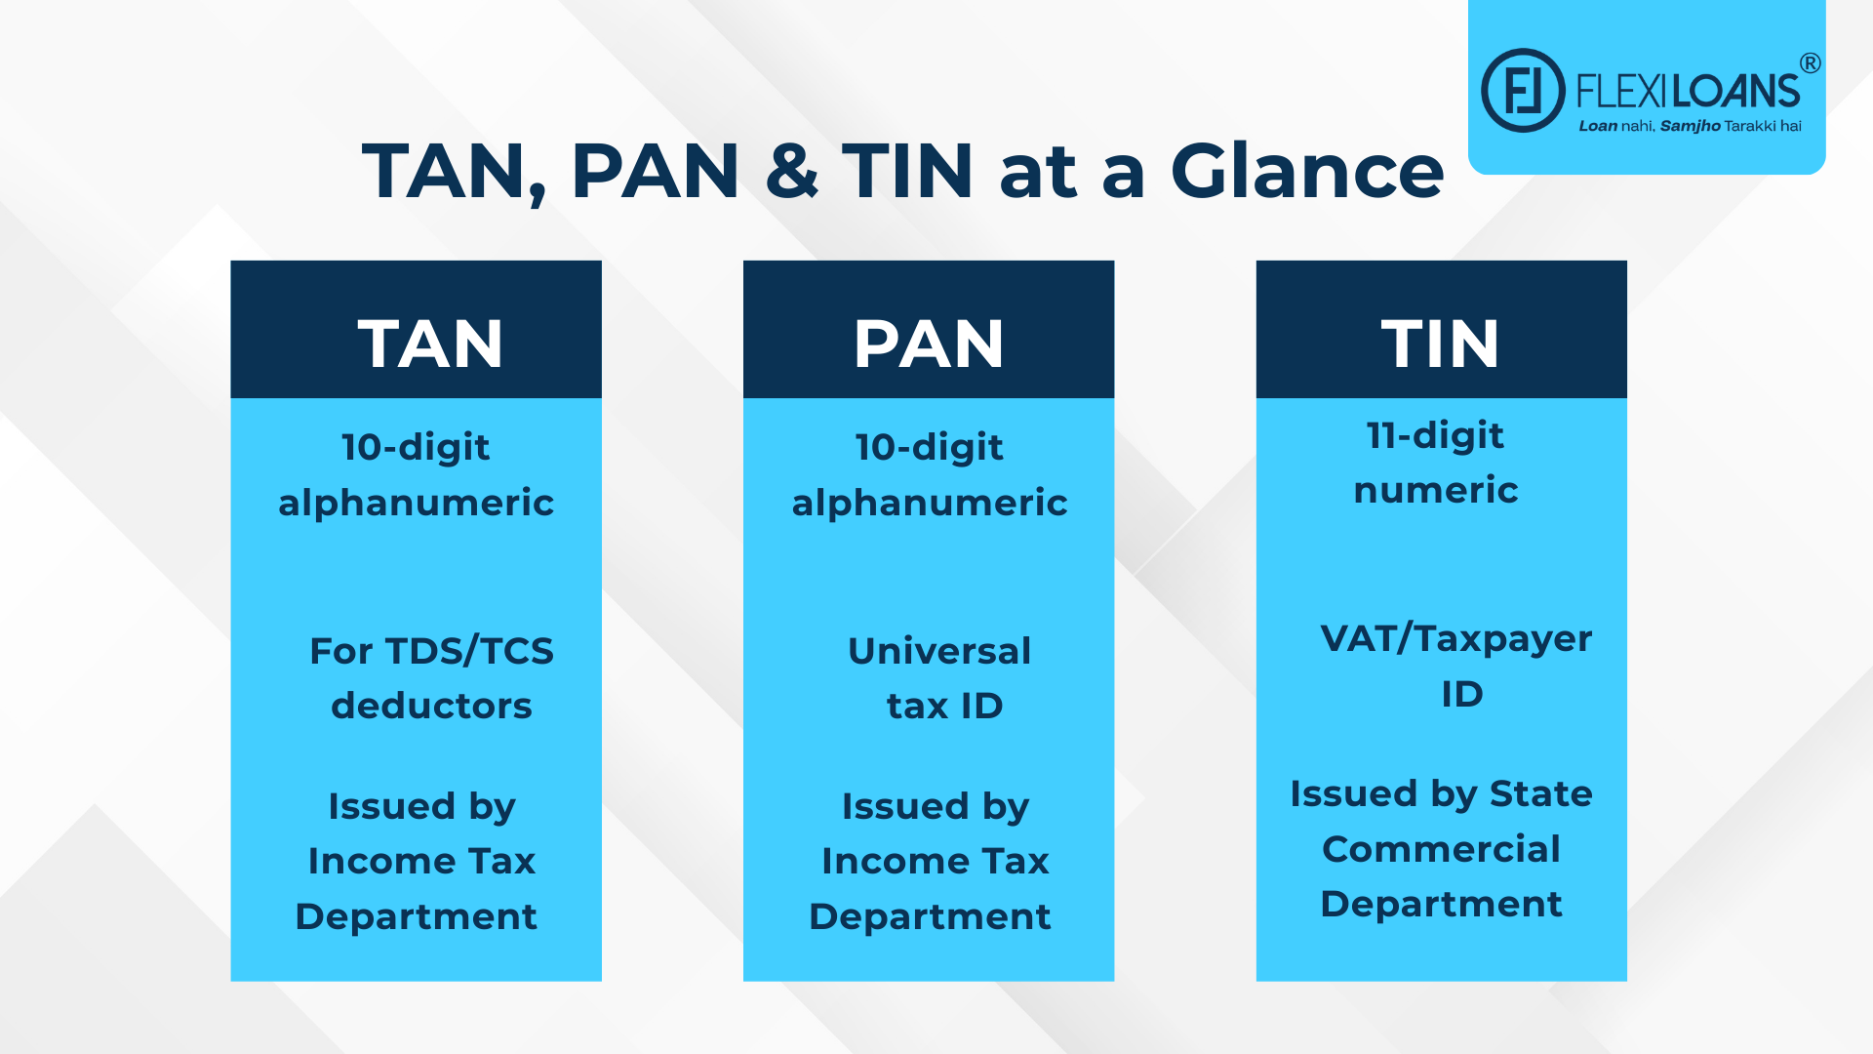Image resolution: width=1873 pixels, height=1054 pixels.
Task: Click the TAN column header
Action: click(x=429, y=344)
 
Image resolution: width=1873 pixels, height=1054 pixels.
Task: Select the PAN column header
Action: click(x=928, y=344)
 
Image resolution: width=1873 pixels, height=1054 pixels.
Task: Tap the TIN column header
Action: click(x=1440, y=344)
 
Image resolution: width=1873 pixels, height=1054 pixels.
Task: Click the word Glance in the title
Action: click(x=1306, y=172)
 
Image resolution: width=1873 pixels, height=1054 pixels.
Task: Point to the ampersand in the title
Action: click(x=791, y=172)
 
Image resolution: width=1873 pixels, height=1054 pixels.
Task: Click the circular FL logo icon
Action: click(x=1523, y=91)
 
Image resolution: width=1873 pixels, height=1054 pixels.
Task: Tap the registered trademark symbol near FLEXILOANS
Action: click(x=1810, y=63)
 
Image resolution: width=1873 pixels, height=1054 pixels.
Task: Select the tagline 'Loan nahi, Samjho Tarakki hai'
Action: click(x=1690, y=126)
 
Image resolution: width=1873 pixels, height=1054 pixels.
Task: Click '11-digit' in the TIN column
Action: click(x=1435, y=435)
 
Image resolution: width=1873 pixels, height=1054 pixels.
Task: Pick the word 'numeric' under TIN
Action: click(x=1436, y=490)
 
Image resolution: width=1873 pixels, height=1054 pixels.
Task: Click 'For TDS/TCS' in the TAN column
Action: click(x=431, y=651)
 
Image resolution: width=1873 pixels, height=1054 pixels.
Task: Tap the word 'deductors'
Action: click(x=431, y=706)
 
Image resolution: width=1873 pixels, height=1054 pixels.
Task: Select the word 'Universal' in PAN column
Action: click(x=939, y=651)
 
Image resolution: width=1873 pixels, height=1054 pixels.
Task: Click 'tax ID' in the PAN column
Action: click(x=944, y=706)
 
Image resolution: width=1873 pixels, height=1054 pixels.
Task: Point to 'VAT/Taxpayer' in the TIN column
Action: click(x=1455, y=639)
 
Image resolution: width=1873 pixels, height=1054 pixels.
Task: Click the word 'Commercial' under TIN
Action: click(x=1441, y=849)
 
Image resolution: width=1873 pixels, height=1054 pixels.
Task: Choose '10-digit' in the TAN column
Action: click(x=416, y=447)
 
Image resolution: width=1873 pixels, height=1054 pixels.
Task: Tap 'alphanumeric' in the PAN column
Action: click(x=930, y=503)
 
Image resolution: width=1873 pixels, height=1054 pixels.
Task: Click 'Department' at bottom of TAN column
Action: click(x=416, y=916)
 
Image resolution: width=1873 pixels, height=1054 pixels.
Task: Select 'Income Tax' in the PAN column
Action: click(x=935, y=861)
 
